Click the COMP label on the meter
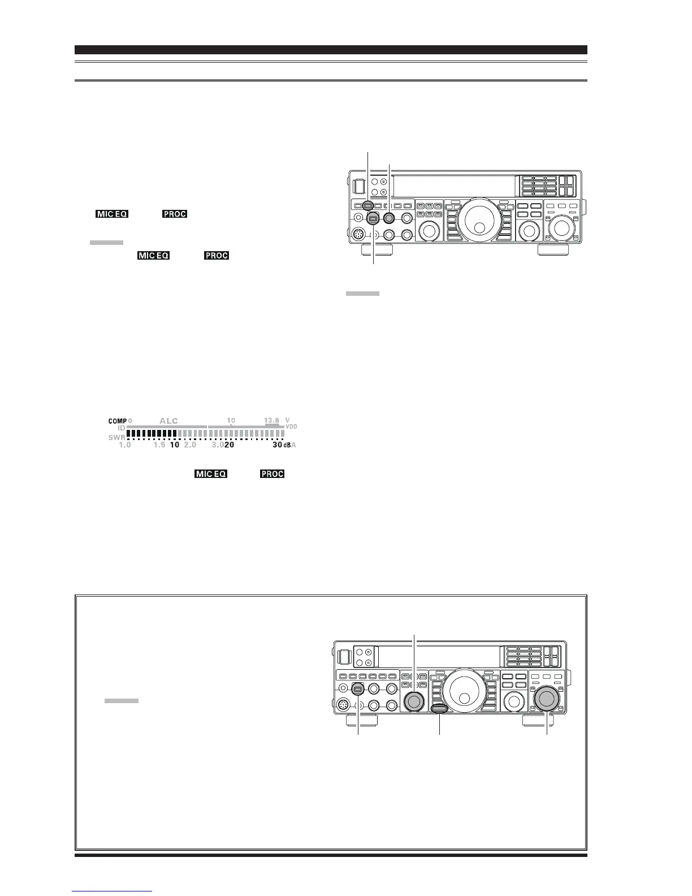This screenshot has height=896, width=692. tap(118, 421)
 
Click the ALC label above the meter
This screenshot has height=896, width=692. tap(168, 421)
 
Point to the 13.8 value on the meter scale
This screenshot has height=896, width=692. tap(271, 420)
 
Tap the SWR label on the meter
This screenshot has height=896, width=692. tap(116, 437)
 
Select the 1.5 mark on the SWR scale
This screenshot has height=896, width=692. tap(159, 445)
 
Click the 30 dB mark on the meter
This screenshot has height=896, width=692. tap(277, 445)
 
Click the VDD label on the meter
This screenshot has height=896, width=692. tap(291, 427)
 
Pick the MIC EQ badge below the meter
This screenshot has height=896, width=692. tap(211, 474)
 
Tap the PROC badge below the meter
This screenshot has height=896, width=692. tap(272, 474)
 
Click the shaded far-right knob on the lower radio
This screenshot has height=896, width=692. tap(546, 699)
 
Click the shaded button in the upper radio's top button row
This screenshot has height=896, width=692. tap(368, 206)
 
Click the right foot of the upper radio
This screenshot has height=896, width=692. tap(552, 250)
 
